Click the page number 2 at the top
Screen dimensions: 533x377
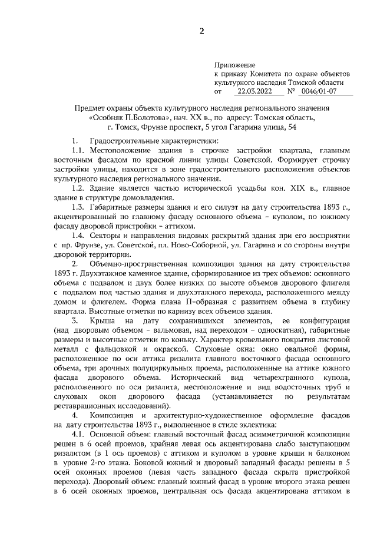pyautogui.click(x=201, y=32)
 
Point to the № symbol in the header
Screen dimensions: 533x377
pyautogui.click(x=291, y=92)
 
